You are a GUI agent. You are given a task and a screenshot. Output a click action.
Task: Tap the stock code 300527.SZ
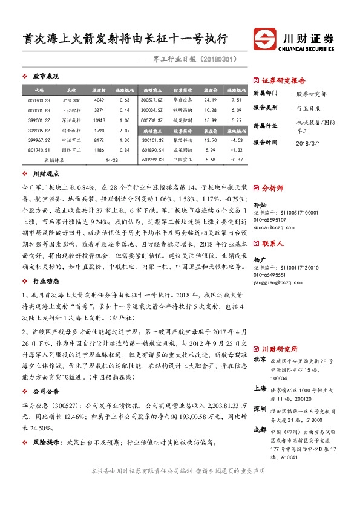pos(151,99)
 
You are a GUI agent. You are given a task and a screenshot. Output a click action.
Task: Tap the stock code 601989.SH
pos(151,160)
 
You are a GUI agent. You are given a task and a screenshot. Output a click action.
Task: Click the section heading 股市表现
pos(46,77)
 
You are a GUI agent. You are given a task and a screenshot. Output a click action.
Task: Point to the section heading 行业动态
pos(46,280)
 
